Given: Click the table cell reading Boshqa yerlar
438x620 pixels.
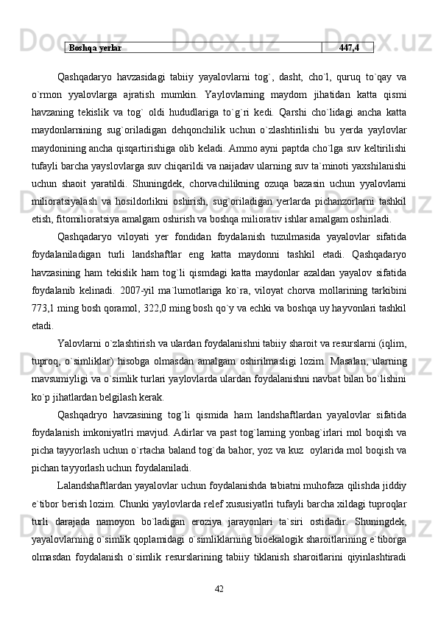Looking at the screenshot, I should pos(95,48).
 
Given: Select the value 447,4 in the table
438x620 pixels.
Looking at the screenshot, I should pos(349,48).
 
